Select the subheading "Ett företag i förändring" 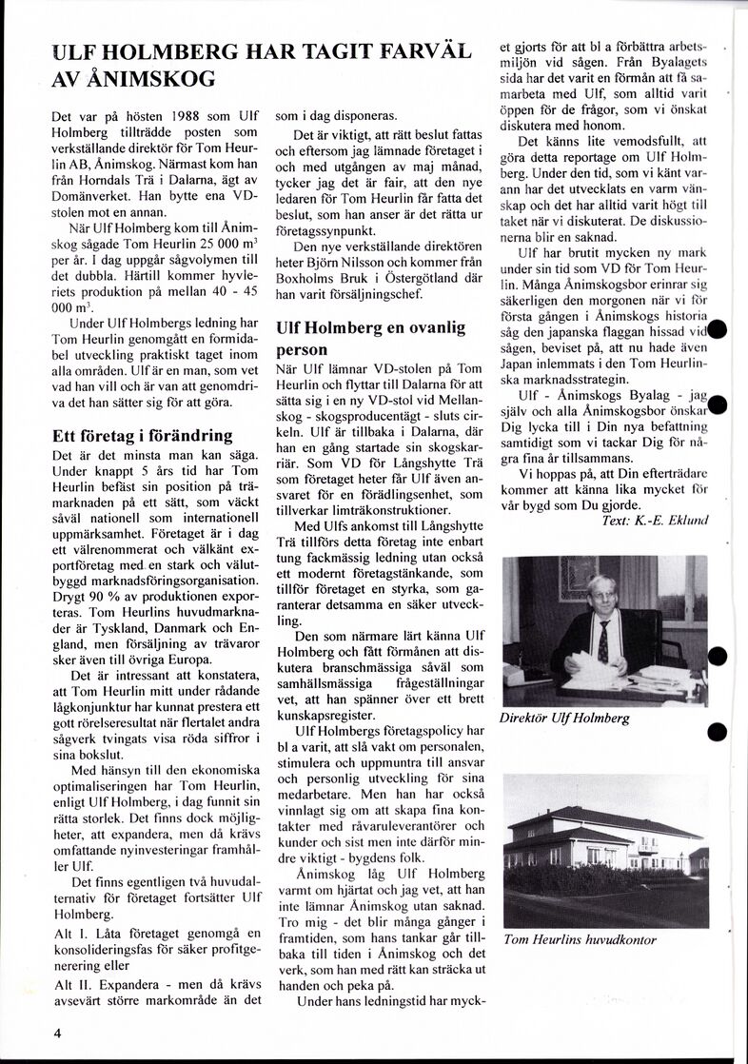pyautogui.click(x=143, y=436)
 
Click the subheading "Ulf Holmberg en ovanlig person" pyautogui.click(x=370, y=338)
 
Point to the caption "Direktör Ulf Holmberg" pyautogui.click(x=564, y=718)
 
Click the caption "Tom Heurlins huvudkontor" pyautogui.click(x=580, y=939)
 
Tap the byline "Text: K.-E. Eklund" pyautogui.click(x=656, y=520)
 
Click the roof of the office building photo pyautogui.click(x=610, y=820)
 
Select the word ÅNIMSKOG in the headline pyautogui.click(x=147, y=78)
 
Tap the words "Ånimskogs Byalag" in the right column pyautogui.click(x=612, y=394)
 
